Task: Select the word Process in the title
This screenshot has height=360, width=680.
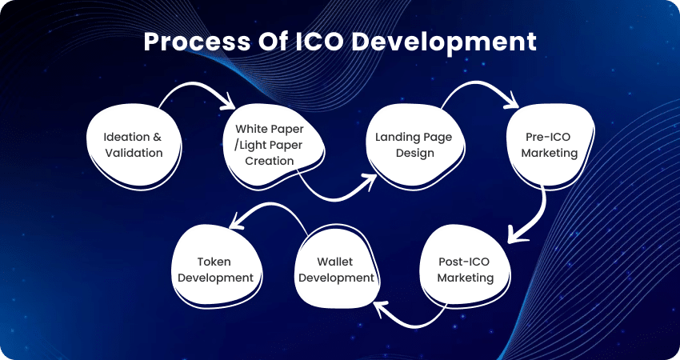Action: pyautogui.click(x=197, y=42)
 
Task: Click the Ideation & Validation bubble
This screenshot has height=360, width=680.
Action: pyautogui.click(x=134, y=146)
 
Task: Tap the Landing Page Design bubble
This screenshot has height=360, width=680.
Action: pyautogui.click(x=414, y=146)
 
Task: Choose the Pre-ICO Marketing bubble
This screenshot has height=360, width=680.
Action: pyautogui.click(x=550, y=146)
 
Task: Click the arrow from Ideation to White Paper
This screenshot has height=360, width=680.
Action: pyautogui.click(x=195, y=84)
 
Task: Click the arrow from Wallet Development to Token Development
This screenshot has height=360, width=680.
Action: pyautogui.click(x=269, y=204)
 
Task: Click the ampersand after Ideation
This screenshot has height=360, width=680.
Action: pyautogui.click(x=156, y=137)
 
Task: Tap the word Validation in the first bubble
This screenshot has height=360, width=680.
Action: pyautogui.click(x=134, y=153)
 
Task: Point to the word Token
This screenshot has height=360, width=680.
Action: pyautogui.click(x=214, y=262)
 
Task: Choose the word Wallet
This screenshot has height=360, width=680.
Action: pyautogui.click(x=334, y=262)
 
